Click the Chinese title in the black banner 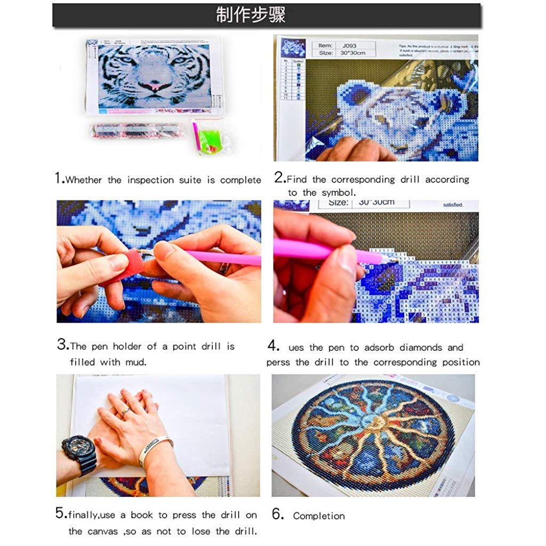click(251, 15)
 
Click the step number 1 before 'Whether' click(59, 179)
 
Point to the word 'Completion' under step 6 click(319, 516)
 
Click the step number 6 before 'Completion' click(277, 515)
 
